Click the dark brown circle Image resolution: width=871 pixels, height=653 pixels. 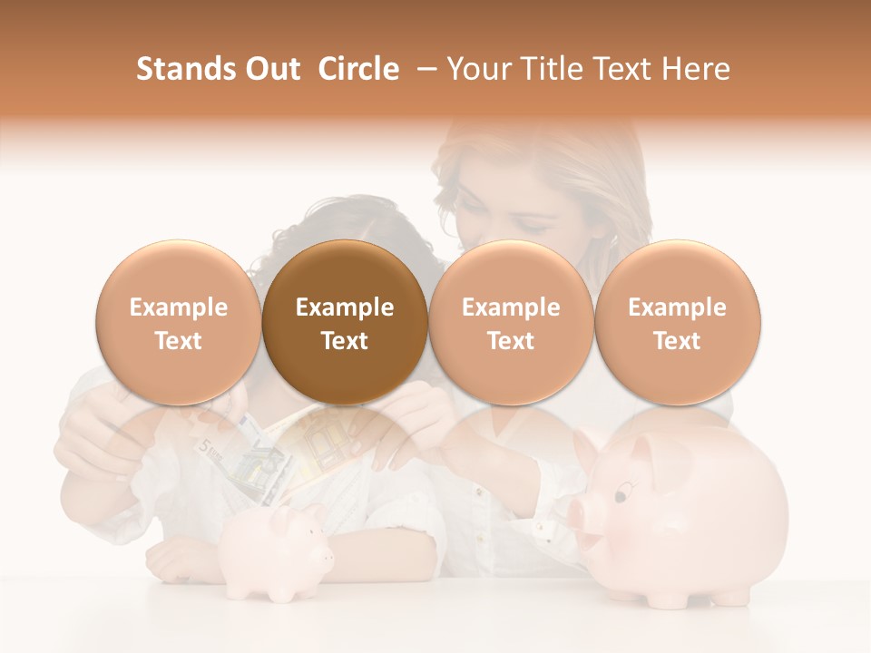[x=345, y=323]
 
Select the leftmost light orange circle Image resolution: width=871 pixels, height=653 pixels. [x=178, y=323]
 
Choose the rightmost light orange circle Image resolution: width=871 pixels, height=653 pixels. [x=677, y=323]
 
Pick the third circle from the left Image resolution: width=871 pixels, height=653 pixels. [x=511, y=323]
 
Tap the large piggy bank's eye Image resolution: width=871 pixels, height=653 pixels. [x=621, y=495]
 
